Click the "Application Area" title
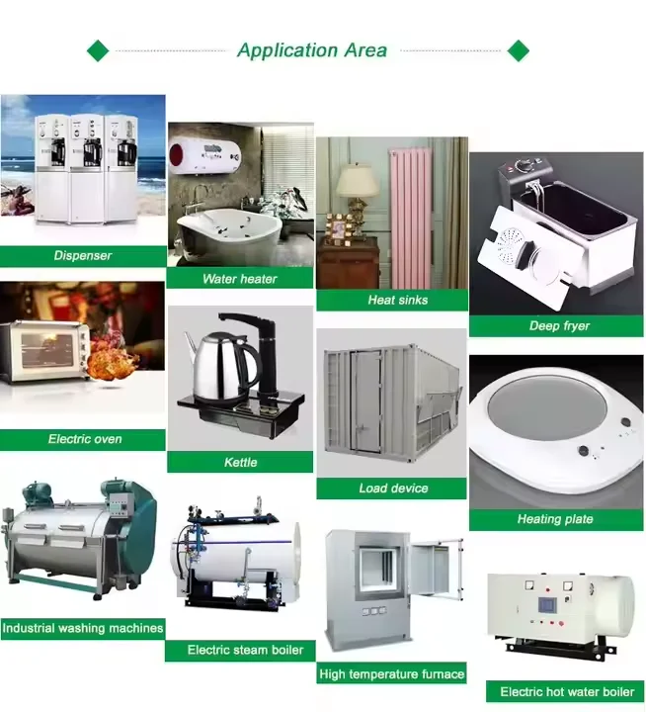(x=312, y=50)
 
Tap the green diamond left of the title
(x=98, y=50)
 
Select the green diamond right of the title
(x=518, y=50)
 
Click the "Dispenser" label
(x=83, y=256)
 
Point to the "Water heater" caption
(x=240, y=279)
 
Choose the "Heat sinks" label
(x=392, y=300)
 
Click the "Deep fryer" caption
(x=555, y=326)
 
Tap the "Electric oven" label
(x=83, y=439)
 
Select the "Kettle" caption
(x=240, y=462)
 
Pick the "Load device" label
(x=392, y=489)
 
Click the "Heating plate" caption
(x=555, y=519)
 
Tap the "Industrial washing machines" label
(x=83, y=628)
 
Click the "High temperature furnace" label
(x=392, y=674)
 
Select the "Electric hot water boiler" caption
(x=566, y=692)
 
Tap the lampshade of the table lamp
(x=357, y=180)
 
